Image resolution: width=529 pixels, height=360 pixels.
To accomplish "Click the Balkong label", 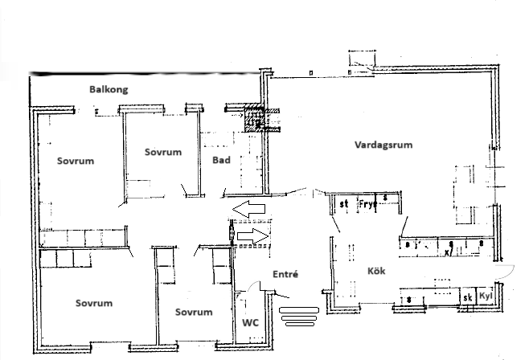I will point(109,90).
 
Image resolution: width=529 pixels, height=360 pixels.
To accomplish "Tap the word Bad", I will point(222,161).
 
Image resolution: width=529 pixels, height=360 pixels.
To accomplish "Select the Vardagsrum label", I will point(383,145).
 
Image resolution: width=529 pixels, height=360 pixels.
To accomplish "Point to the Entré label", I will point(286,274).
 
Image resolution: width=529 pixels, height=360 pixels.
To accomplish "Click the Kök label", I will point(376,272).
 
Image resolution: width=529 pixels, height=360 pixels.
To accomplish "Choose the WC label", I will point(250,322).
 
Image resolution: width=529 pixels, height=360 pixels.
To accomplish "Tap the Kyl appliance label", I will point(485,297).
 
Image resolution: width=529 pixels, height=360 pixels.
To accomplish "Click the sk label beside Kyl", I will point(466,297).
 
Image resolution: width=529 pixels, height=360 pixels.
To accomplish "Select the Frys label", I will point(368,203).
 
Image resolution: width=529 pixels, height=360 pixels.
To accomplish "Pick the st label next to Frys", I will point(343,204).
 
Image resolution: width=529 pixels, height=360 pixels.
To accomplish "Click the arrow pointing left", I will point(249,209).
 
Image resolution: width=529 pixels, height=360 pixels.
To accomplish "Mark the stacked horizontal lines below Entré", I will point(299,316).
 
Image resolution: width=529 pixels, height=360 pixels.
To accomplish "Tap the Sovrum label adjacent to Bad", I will point(163,152).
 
